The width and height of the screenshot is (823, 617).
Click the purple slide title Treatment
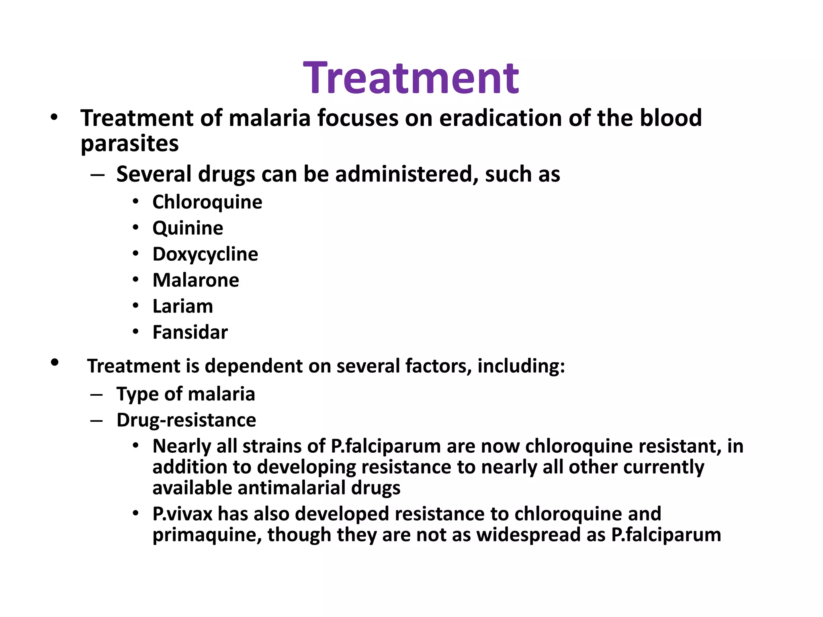click(x=411, y=78)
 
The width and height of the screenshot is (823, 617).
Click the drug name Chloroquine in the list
click(x=207, y=202)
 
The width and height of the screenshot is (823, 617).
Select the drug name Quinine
click(x=188, y=228)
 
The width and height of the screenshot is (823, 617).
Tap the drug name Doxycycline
click(x=205, y=254)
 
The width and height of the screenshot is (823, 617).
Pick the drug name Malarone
click(x=196, y=280)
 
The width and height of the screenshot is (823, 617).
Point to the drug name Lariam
click(x=182, y=306)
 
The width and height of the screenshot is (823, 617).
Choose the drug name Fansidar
click(x=190, y=333)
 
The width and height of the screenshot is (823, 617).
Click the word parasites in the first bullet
click(x=129, y=144)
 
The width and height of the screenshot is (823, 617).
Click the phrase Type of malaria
click(x=186, y=394)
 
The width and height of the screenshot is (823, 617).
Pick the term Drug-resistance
click(x=186, y=420)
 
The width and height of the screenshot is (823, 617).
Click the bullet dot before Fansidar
click(x=136, y=332)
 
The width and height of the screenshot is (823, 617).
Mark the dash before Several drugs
click(x=97, y=175)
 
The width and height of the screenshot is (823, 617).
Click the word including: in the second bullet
click(x=521, y=366)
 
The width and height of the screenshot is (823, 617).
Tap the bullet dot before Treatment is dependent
click(x=55, y=362)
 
